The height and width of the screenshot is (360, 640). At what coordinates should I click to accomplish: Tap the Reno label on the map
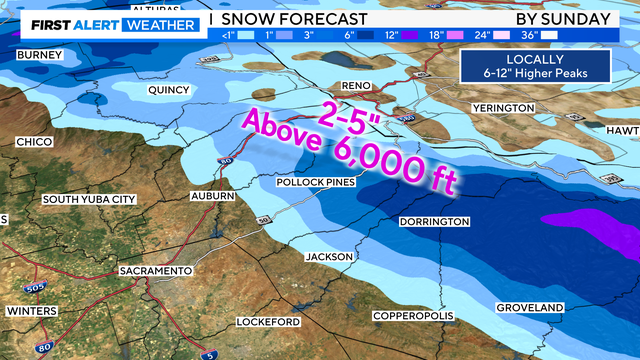coord(356,86)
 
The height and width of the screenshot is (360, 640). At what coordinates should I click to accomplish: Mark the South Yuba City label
coord(88,200)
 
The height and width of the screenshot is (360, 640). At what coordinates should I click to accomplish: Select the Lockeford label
coord(269,322)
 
